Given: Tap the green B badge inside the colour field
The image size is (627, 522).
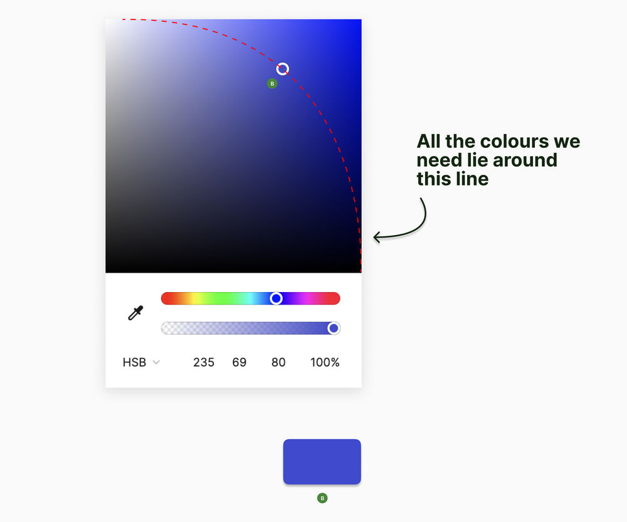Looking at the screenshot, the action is (272, 83).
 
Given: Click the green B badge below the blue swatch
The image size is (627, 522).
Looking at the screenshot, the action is (322, 498).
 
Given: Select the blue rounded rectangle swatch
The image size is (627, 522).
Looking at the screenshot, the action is (322, 462).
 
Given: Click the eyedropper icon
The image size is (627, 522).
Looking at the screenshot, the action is (135, 313).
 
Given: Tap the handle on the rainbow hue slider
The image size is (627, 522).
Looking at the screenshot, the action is (276, 298).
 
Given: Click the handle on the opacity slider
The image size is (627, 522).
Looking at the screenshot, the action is (334, 328).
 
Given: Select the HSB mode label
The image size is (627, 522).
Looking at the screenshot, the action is (134, 362).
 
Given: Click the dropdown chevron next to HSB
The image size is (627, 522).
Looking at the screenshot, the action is (156, 363).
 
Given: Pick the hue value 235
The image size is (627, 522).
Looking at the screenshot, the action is (204, 362).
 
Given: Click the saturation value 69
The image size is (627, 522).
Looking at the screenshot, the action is (239, 362).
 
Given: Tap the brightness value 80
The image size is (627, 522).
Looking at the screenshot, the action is (278, 362).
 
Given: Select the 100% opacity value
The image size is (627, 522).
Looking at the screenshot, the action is (325, 362).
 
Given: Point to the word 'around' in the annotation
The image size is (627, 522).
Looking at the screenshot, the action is (525, 160).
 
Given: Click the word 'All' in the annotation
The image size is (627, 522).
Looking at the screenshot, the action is (429, 141).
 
